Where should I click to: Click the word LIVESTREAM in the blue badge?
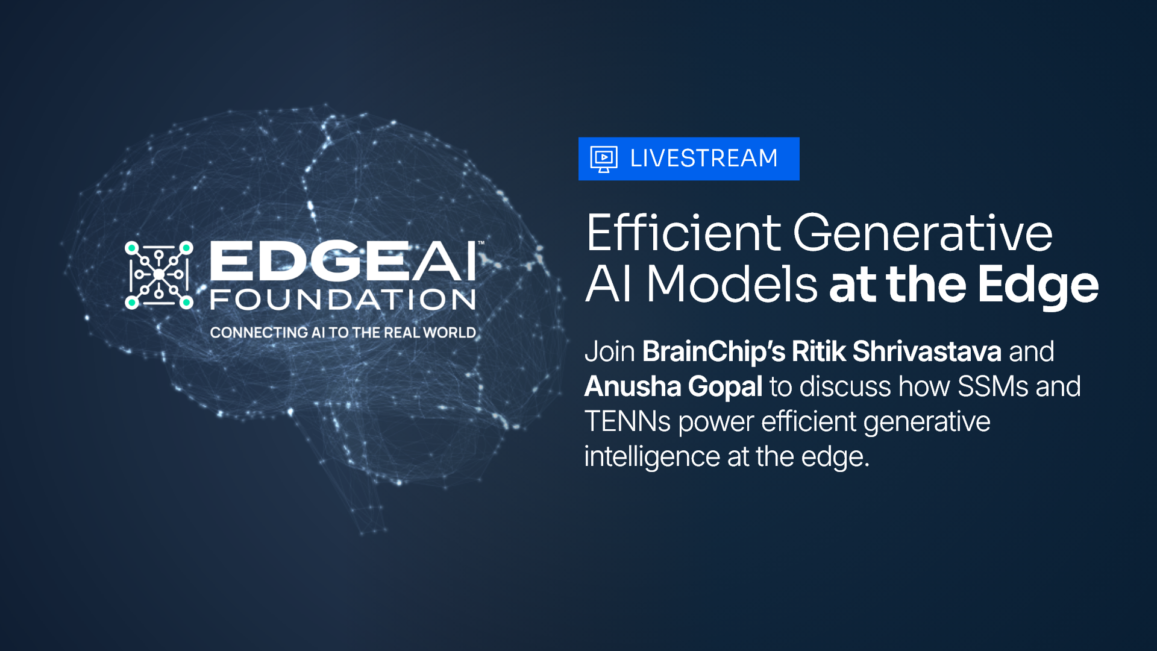[x=703, y=159]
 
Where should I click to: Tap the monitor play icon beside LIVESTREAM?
[x=603, y=159]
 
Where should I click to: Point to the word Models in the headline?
[x=732, y=284]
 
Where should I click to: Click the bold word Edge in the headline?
[x=1038, y=287]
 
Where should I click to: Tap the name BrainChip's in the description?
[x=713, y=353]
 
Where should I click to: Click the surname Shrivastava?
[x=927, y=351]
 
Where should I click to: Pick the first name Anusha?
[x=633, y=386]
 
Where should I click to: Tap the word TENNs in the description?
[x=627, y=421]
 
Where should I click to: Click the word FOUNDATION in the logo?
[x=343, y=300]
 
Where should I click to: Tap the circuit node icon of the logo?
[x=159, y=275]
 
